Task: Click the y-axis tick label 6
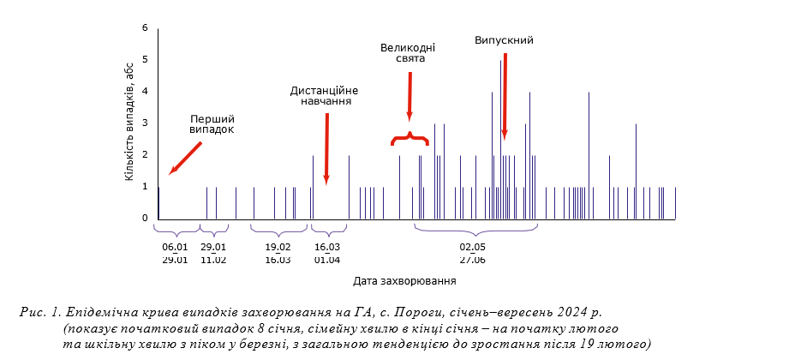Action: [146, 28]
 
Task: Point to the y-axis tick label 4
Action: [146, 92]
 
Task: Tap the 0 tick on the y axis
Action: [146, 219]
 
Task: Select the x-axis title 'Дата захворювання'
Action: [403, 280]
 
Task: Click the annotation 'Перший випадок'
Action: [211, 123]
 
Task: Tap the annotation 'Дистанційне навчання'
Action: [324, 95]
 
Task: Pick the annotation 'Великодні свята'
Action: [409, 53]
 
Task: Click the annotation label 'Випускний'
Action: [505, 40]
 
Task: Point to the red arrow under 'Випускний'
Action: [505, 94]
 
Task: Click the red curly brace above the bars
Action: [409, 138]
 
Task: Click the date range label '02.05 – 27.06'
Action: [472, 254]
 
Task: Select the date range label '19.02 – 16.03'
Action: [278, 254]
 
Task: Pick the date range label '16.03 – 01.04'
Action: [327, 254]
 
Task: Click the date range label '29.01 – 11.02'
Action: [213, 254]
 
